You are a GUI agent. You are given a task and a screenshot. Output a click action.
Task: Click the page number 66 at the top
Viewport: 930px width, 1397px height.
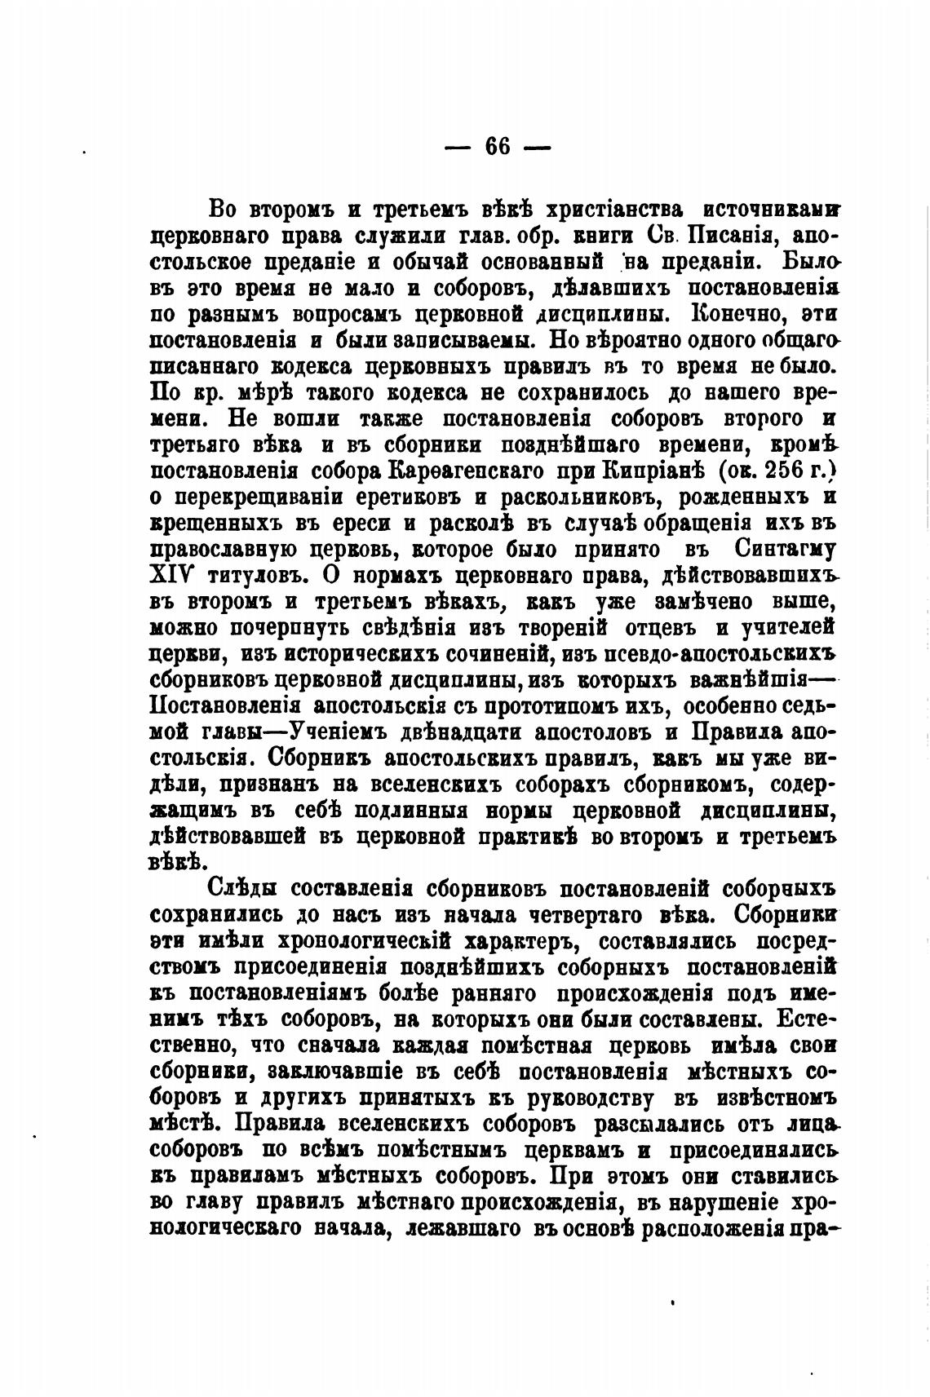pyautogui.click(x=497, y=147)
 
